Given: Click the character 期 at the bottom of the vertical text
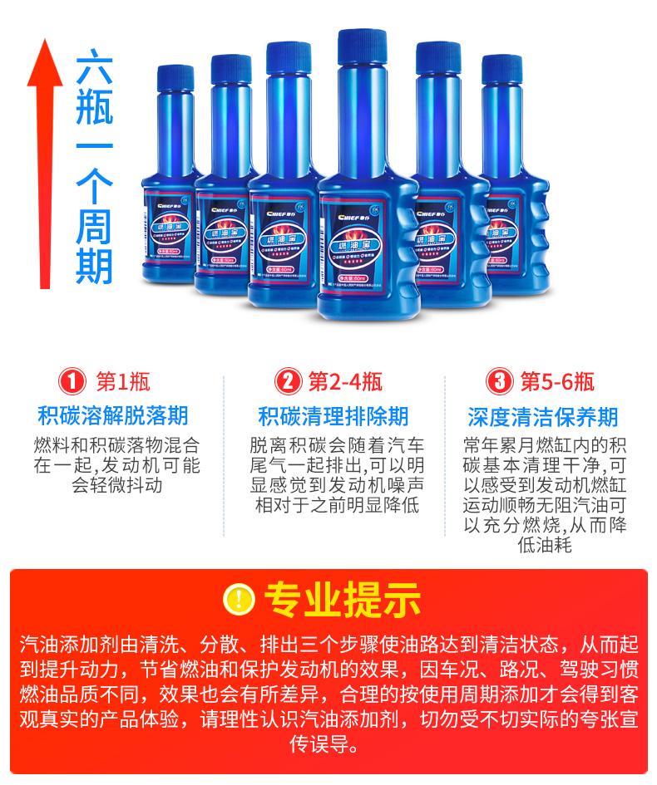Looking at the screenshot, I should (x=93, y=264).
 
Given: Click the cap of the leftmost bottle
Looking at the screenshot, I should (x=175, y=76).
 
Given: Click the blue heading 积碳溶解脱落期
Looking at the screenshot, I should (x=113, y=415).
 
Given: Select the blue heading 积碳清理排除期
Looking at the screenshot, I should (x=333, y=415).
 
